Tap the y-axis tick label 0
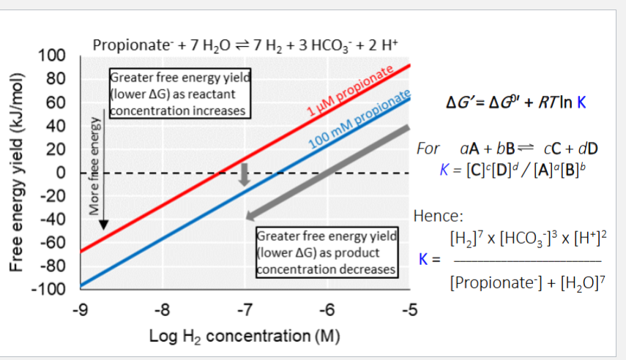click(63, 173)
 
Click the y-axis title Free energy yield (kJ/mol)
click(16, 172)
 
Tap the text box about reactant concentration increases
click(179, 94)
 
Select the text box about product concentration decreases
click(327, 252)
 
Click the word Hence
click(436, 217)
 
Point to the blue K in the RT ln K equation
click(581, 102)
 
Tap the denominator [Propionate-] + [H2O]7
click(523, 282)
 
